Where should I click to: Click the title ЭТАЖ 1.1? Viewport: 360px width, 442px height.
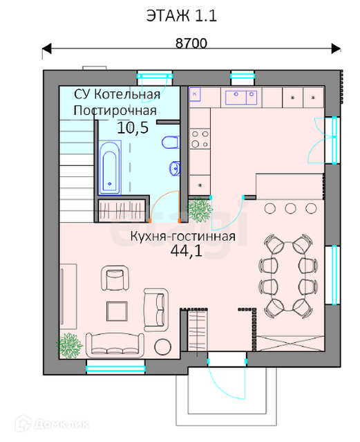pyautogui.click(x=182, y=16)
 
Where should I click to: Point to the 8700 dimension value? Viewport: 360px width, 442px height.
pyautogui.click(x=191, y=43)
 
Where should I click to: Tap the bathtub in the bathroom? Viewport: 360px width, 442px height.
pyautogui.click(x=110, y=167)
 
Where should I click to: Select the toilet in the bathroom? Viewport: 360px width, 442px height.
pyautogui.click(x=171, y=142)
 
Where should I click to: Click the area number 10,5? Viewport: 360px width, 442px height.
pyautogui.click(x=133, y=128)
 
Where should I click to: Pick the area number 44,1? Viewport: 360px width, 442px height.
pyautogui.click(x=187, y=250)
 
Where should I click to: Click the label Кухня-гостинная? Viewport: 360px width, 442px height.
pyautogui.click(x=183, y=237)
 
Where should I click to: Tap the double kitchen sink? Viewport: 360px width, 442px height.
pyautogui.click(x=241, y=98)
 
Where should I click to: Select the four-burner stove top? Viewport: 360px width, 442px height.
pyautogui.click(x=200, y=139)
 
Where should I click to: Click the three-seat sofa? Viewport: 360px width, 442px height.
pyautogui.click(x=115, y=344)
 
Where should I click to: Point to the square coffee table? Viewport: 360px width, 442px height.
pyautogui.click(x=117, y=311)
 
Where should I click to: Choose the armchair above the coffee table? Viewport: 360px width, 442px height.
pyautogui.click(x=115, y=277)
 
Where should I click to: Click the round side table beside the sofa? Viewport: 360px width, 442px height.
pyautogui.click(x=162, y=347)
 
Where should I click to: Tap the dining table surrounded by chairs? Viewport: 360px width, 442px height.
pyautogui.click(x=288, y=276)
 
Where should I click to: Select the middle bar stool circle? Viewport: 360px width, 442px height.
pyautogui.click(x=290, y=209)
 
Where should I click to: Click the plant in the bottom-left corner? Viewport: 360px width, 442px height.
pyautogui.click(x=69, y=346)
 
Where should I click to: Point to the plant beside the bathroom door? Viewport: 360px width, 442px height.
pyautogui.click(x=200, y=210)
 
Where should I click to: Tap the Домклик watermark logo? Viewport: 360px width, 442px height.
pyautogui.click(x=52, y=423)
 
